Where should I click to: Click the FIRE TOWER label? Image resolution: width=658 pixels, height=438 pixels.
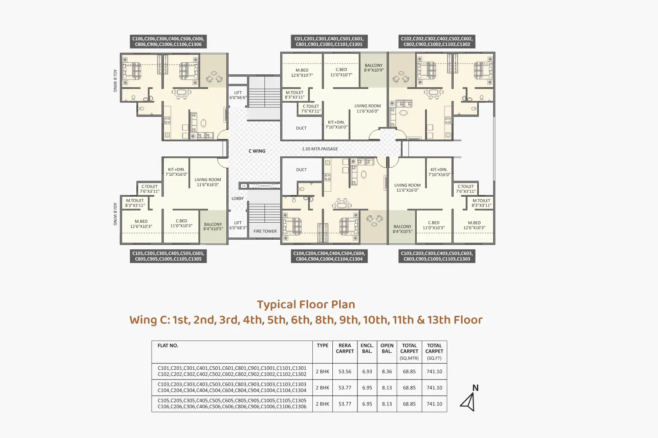(x=265, y=231)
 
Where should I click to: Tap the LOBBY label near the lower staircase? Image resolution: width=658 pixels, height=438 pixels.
(x=238, y=198)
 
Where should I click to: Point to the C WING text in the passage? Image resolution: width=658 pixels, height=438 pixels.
(x=257, y=151)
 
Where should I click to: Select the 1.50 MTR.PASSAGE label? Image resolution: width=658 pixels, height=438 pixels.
(x=320, y=149)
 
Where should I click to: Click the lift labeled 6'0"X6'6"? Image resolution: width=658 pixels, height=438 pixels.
(x=238, y=95)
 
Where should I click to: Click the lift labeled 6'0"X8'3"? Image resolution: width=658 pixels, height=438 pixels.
(x=238, y=225)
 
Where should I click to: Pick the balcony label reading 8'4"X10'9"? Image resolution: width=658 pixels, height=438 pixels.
(x=374, y=68)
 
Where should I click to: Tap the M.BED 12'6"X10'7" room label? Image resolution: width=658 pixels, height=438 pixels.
(x=302, y=73)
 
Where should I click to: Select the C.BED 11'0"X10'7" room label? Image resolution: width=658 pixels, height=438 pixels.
(x=341, y=72)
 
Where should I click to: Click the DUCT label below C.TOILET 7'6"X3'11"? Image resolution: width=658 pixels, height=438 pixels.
(x=301, y=128)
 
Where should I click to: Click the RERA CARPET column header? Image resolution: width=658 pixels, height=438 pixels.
(x=345, y=348)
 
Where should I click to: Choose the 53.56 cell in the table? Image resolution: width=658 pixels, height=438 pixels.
(x=345, y=371)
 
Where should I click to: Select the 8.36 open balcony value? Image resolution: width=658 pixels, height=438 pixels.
(x=387, y=371)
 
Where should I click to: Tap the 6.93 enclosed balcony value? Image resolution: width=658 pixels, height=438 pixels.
(x=367, y=371)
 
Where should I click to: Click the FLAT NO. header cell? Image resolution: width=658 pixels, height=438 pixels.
(x=168, y=345)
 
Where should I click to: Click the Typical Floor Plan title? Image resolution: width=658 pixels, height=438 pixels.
(x=306, y=305)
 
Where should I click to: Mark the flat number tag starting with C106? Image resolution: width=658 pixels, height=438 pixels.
(x=168, y=42)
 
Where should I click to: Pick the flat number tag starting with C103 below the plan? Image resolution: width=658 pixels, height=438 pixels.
(x=437, y=256)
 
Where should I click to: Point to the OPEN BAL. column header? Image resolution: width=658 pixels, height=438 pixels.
(x=387, y=348)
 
